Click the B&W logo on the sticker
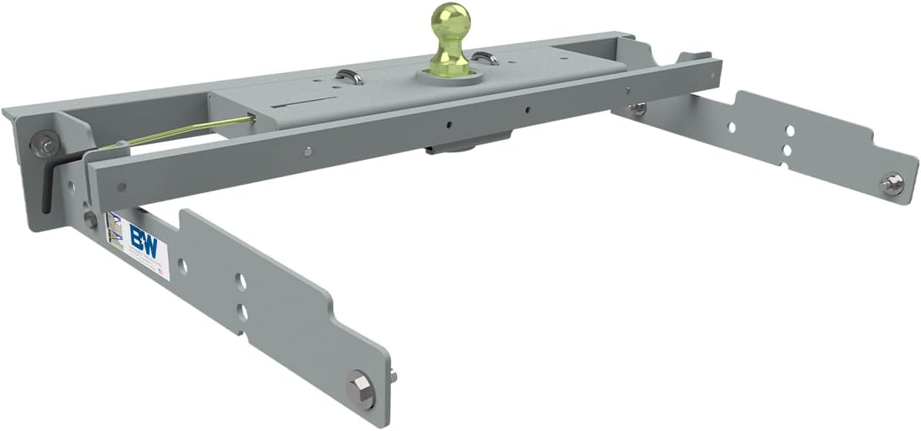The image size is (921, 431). [142, 235]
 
